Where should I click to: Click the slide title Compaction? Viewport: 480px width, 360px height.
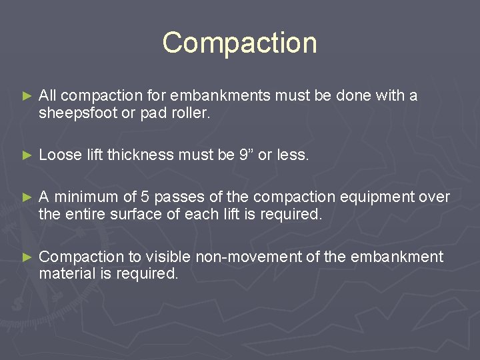coord(239,43)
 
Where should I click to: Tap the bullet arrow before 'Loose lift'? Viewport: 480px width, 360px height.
coord(27,156)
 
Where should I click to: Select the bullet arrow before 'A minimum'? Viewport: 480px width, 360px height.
coord(27,197)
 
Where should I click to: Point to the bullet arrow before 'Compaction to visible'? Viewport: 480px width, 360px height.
coord(27,257)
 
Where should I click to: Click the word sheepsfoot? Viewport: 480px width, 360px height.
coord(77,113)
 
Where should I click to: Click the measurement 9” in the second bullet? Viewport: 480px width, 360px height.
coord(246,155)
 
